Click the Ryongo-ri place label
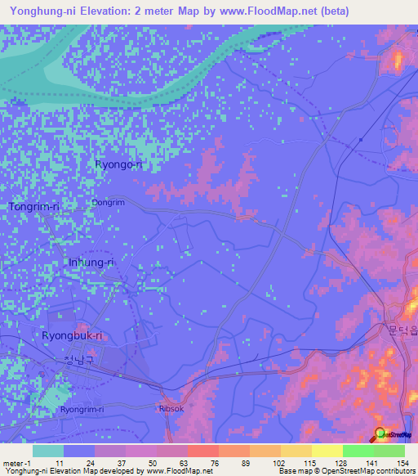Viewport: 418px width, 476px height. click(x=118, y=164)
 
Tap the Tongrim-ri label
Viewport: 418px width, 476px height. click(x=34, y=207)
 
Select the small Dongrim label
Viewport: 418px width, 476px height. click(x=108, y=201)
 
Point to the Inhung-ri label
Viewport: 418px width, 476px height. click(x=90, y=263)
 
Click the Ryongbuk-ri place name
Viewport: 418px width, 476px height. click(x=72, y=335)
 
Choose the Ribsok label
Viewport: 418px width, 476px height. click(x=173, y=409)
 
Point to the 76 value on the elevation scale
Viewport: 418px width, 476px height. click(x=213, y=462)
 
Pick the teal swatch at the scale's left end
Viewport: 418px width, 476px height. click(x=48, y=451)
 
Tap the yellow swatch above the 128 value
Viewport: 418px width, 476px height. click(x=327, y=451)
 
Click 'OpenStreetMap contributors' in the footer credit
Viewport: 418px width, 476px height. click(x=367, y=471)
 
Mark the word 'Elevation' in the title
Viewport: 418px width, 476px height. click(x=107, y=11)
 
